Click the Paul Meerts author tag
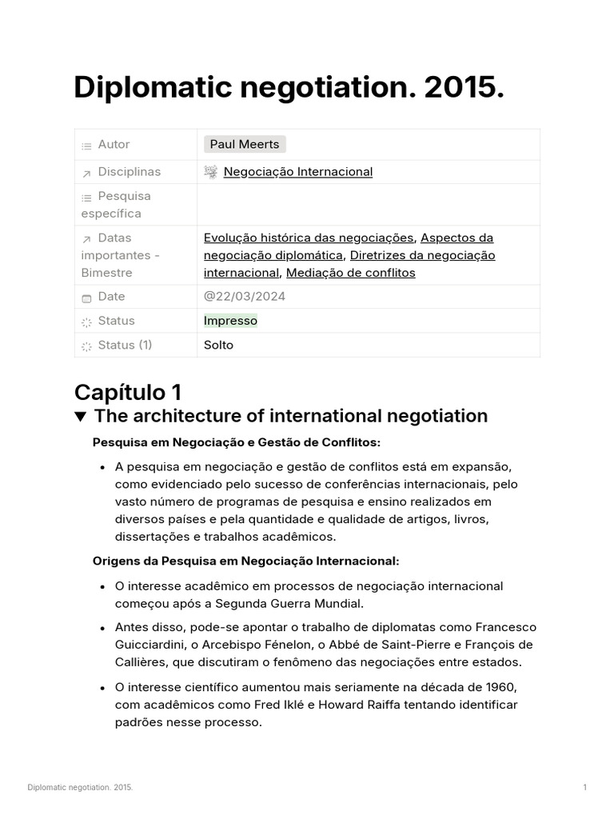click(x=245, y=144)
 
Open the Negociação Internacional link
click(x=297, y=171)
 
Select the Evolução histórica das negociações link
click(x=309, y=238)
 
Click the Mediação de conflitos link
click(x=350, y=273)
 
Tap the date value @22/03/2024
click(x=244, y=296)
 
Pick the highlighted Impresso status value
click(x=230, y=321)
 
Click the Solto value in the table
click(x=218, y=345)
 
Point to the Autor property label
click(x=114, y=144)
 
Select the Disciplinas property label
click(x=129, y=171)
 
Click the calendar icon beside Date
click(x=86, y=298)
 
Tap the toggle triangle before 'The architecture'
click(x=80, y=417)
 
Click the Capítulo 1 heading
click(x=128, y=392)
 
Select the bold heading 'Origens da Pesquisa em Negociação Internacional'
click(x=245, y=561)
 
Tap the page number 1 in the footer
click(x=584, y=788)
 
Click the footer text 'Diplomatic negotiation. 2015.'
click(x=80, y=788)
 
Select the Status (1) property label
click(x=124, y=345)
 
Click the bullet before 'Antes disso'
click(x=102, y=627)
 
